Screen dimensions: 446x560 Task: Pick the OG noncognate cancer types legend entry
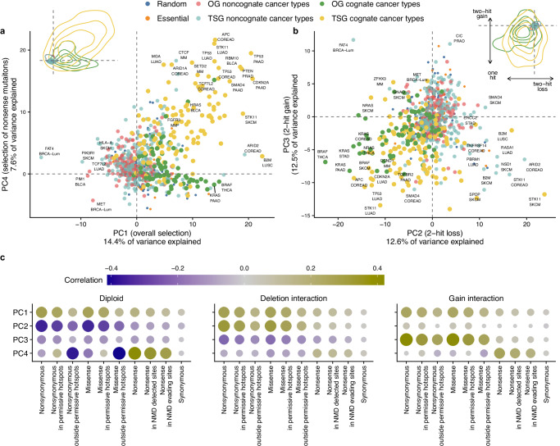coord(276,7)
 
